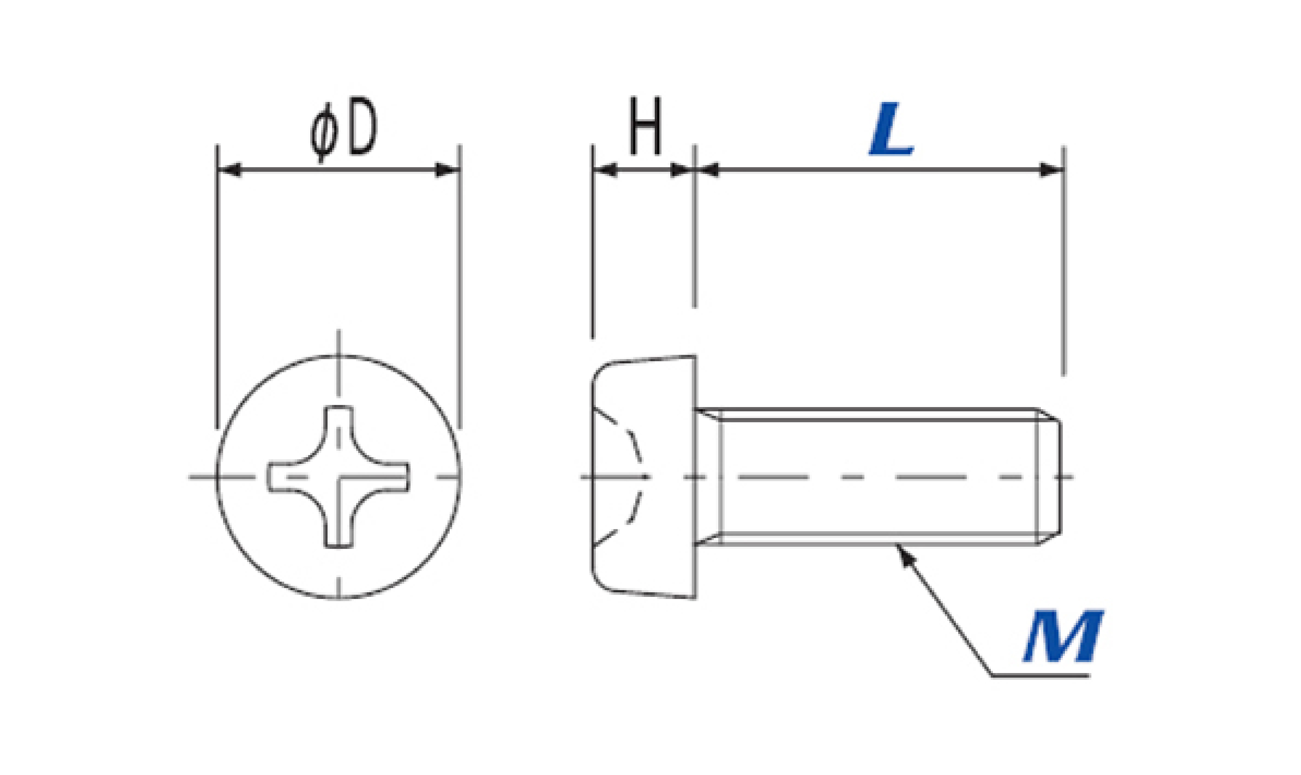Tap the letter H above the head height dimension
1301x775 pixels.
click(x=646, y=126)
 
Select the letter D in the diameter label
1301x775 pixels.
click(x=362, y=126)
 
